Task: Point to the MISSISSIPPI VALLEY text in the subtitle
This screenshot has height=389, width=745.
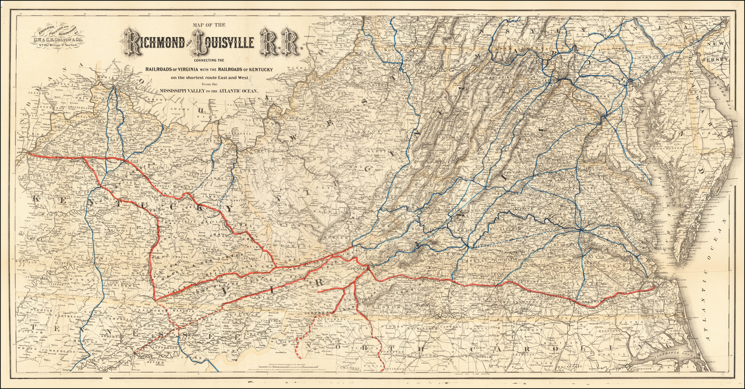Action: (181, 91)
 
